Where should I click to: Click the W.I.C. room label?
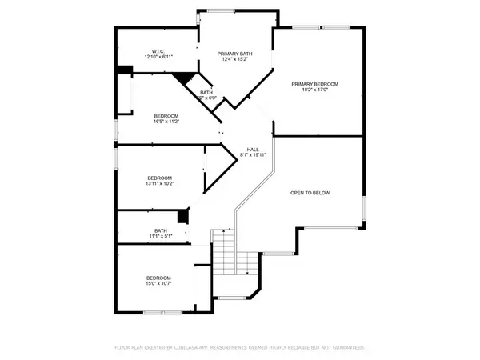158,51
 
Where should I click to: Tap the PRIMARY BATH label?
235,53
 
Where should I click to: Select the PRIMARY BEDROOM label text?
315,84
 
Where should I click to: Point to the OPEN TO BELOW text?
310,193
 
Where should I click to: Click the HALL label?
252,150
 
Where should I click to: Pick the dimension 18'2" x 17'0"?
315,90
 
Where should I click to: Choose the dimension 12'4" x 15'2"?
235,59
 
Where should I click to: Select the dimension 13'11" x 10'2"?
160,183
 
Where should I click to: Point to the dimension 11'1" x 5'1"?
160,237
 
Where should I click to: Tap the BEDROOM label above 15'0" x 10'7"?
160,277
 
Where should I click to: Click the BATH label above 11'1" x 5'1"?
161,231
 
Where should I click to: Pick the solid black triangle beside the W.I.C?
186,78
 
